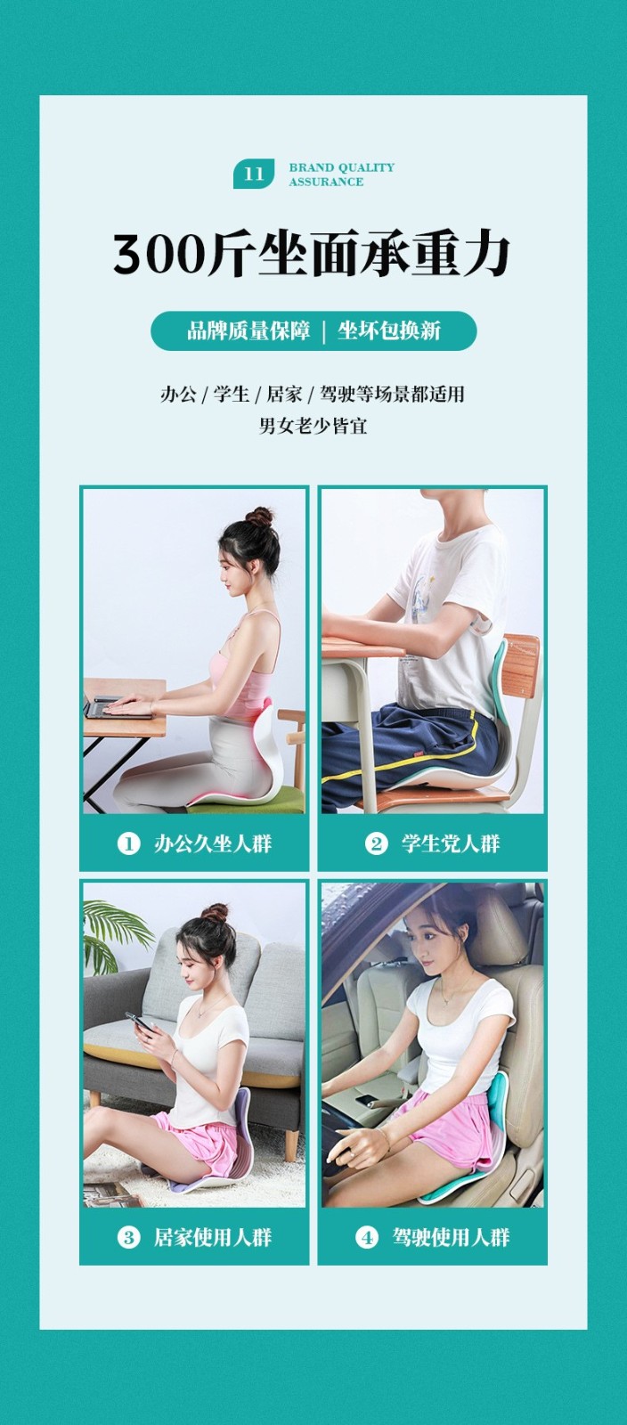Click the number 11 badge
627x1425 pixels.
pos(254,174)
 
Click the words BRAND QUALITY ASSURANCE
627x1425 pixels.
pos(341,175)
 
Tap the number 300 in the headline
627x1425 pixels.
pos(159,255)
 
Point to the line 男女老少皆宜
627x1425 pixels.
pos(313,425)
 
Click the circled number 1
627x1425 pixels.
pos(128,844)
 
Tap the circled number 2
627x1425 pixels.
pos(376,844)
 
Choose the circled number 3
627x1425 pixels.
pos(128,1237)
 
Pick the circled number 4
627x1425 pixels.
pos(366,1237)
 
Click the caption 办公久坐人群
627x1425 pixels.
pos(212,844)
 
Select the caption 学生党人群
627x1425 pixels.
pos(451,844)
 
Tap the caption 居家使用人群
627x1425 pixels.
pos(212,1237)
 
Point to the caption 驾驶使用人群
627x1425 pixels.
pos(451,1237)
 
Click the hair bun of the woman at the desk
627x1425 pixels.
pos(260,517)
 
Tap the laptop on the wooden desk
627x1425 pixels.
pos(118,708)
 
